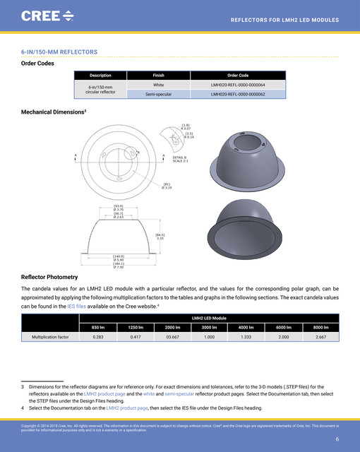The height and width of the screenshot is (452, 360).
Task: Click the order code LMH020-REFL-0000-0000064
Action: point(238,85)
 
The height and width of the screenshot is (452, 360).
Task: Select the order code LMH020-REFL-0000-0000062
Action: point(238,94)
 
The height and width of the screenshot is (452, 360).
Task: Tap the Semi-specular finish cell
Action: point(159,94)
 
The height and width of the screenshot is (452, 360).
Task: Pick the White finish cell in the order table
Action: point(159,85)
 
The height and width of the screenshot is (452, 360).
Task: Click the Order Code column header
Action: point(238,75)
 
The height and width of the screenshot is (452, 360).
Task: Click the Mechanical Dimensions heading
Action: point(54,112)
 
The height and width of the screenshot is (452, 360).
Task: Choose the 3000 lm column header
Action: point(208,327)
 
